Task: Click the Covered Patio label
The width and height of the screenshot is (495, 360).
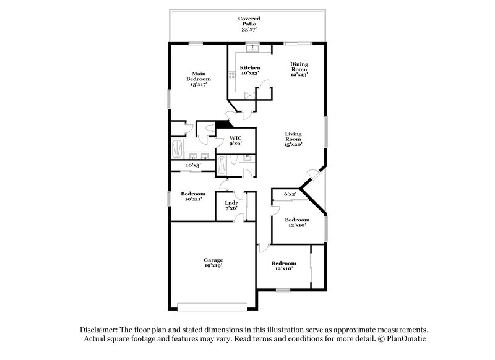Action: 250,24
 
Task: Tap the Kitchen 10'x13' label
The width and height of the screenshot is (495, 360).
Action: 249,70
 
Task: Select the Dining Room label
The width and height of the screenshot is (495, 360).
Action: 299,69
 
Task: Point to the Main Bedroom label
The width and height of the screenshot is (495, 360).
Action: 199,79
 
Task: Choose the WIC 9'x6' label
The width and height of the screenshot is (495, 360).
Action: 235,141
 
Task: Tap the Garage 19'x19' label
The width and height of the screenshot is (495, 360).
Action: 213,263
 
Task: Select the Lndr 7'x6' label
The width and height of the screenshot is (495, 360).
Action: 231,205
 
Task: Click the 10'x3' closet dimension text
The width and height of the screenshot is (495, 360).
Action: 193,165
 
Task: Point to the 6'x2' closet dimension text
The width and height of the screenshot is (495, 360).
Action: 290,194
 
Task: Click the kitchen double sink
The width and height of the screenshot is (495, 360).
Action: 251,49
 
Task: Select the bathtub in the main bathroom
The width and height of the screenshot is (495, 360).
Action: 177,148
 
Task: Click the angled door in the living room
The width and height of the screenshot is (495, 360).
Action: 316,176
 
